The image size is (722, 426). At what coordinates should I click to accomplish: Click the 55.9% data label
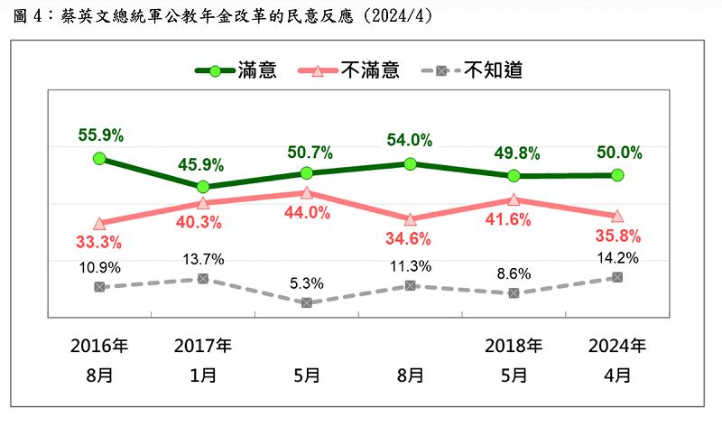coord(100,135)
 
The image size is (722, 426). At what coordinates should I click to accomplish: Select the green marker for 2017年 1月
coord(203,187)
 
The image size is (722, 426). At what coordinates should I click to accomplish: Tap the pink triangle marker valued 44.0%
coord(306,192)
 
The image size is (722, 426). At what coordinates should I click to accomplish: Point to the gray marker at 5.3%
coord(306,302)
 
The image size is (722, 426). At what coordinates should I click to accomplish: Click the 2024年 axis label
coord(616,346)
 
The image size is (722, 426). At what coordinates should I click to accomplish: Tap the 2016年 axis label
coord(100,346)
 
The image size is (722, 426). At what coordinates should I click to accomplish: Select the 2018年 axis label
coord(514,346)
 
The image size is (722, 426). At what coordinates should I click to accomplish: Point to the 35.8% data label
coord(618,236)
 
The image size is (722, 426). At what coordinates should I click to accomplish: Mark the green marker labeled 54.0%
coord(410,163)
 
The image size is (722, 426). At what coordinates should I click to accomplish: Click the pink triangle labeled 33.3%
coord(100,223)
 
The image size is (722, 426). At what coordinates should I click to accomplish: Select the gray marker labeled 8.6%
coord(514,292)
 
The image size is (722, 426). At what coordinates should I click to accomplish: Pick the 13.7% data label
coord(203,259)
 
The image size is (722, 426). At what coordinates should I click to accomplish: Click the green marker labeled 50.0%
coord(616,175)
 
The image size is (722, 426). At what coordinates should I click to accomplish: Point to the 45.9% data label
coord(203,166)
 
